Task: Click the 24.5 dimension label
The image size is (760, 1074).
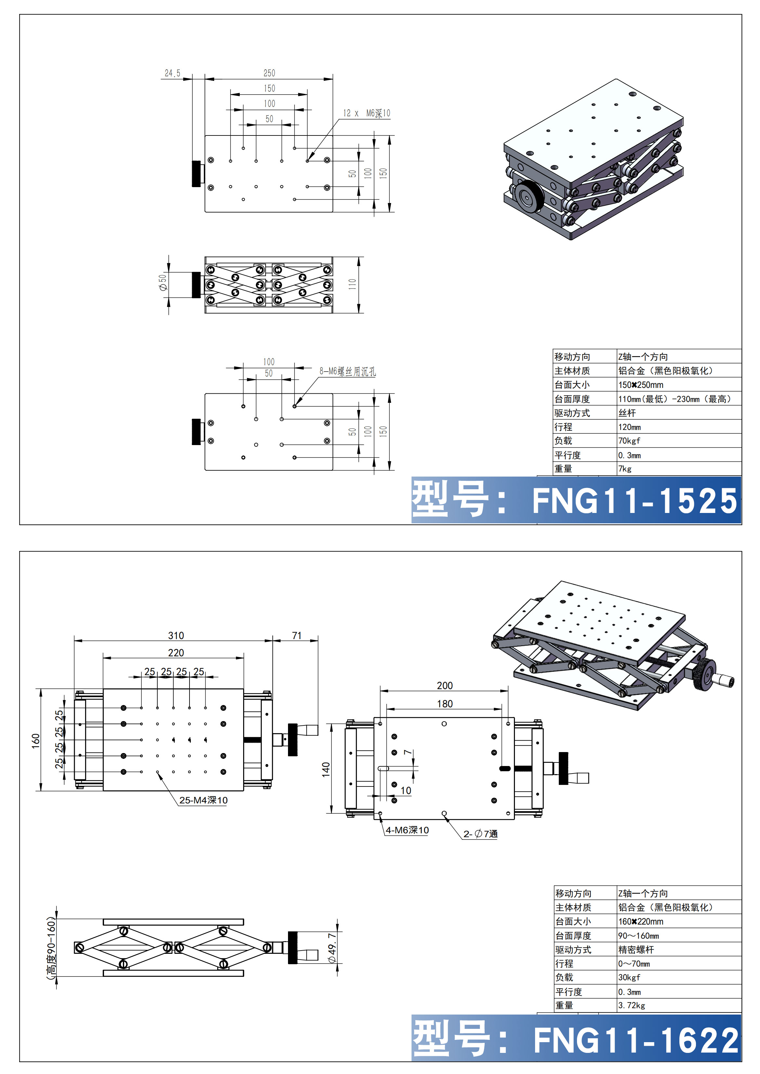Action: pos(172,73)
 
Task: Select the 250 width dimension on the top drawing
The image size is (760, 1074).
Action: pos(269,73)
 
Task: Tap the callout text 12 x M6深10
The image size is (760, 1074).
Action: pos(366,113)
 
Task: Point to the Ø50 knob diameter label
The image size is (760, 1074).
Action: pos(163,283)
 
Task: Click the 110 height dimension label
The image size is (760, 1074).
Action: pos(352,284)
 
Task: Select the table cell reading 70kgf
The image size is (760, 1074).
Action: pos(629,441)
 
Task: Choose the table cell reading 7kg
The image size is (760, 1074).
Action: pos(625,469)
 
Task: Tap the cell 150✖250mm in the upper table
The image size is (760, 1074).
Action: pos(641,385)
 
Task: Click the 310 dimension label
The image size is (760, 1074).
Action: pos(176,635)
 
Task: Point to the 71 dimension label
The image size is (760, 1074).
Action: pos(297,635)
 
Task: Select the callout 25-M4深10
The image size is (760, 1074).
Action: pos(203,800)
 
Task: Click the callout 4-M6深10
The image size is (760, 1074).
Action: pos(407,830)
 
